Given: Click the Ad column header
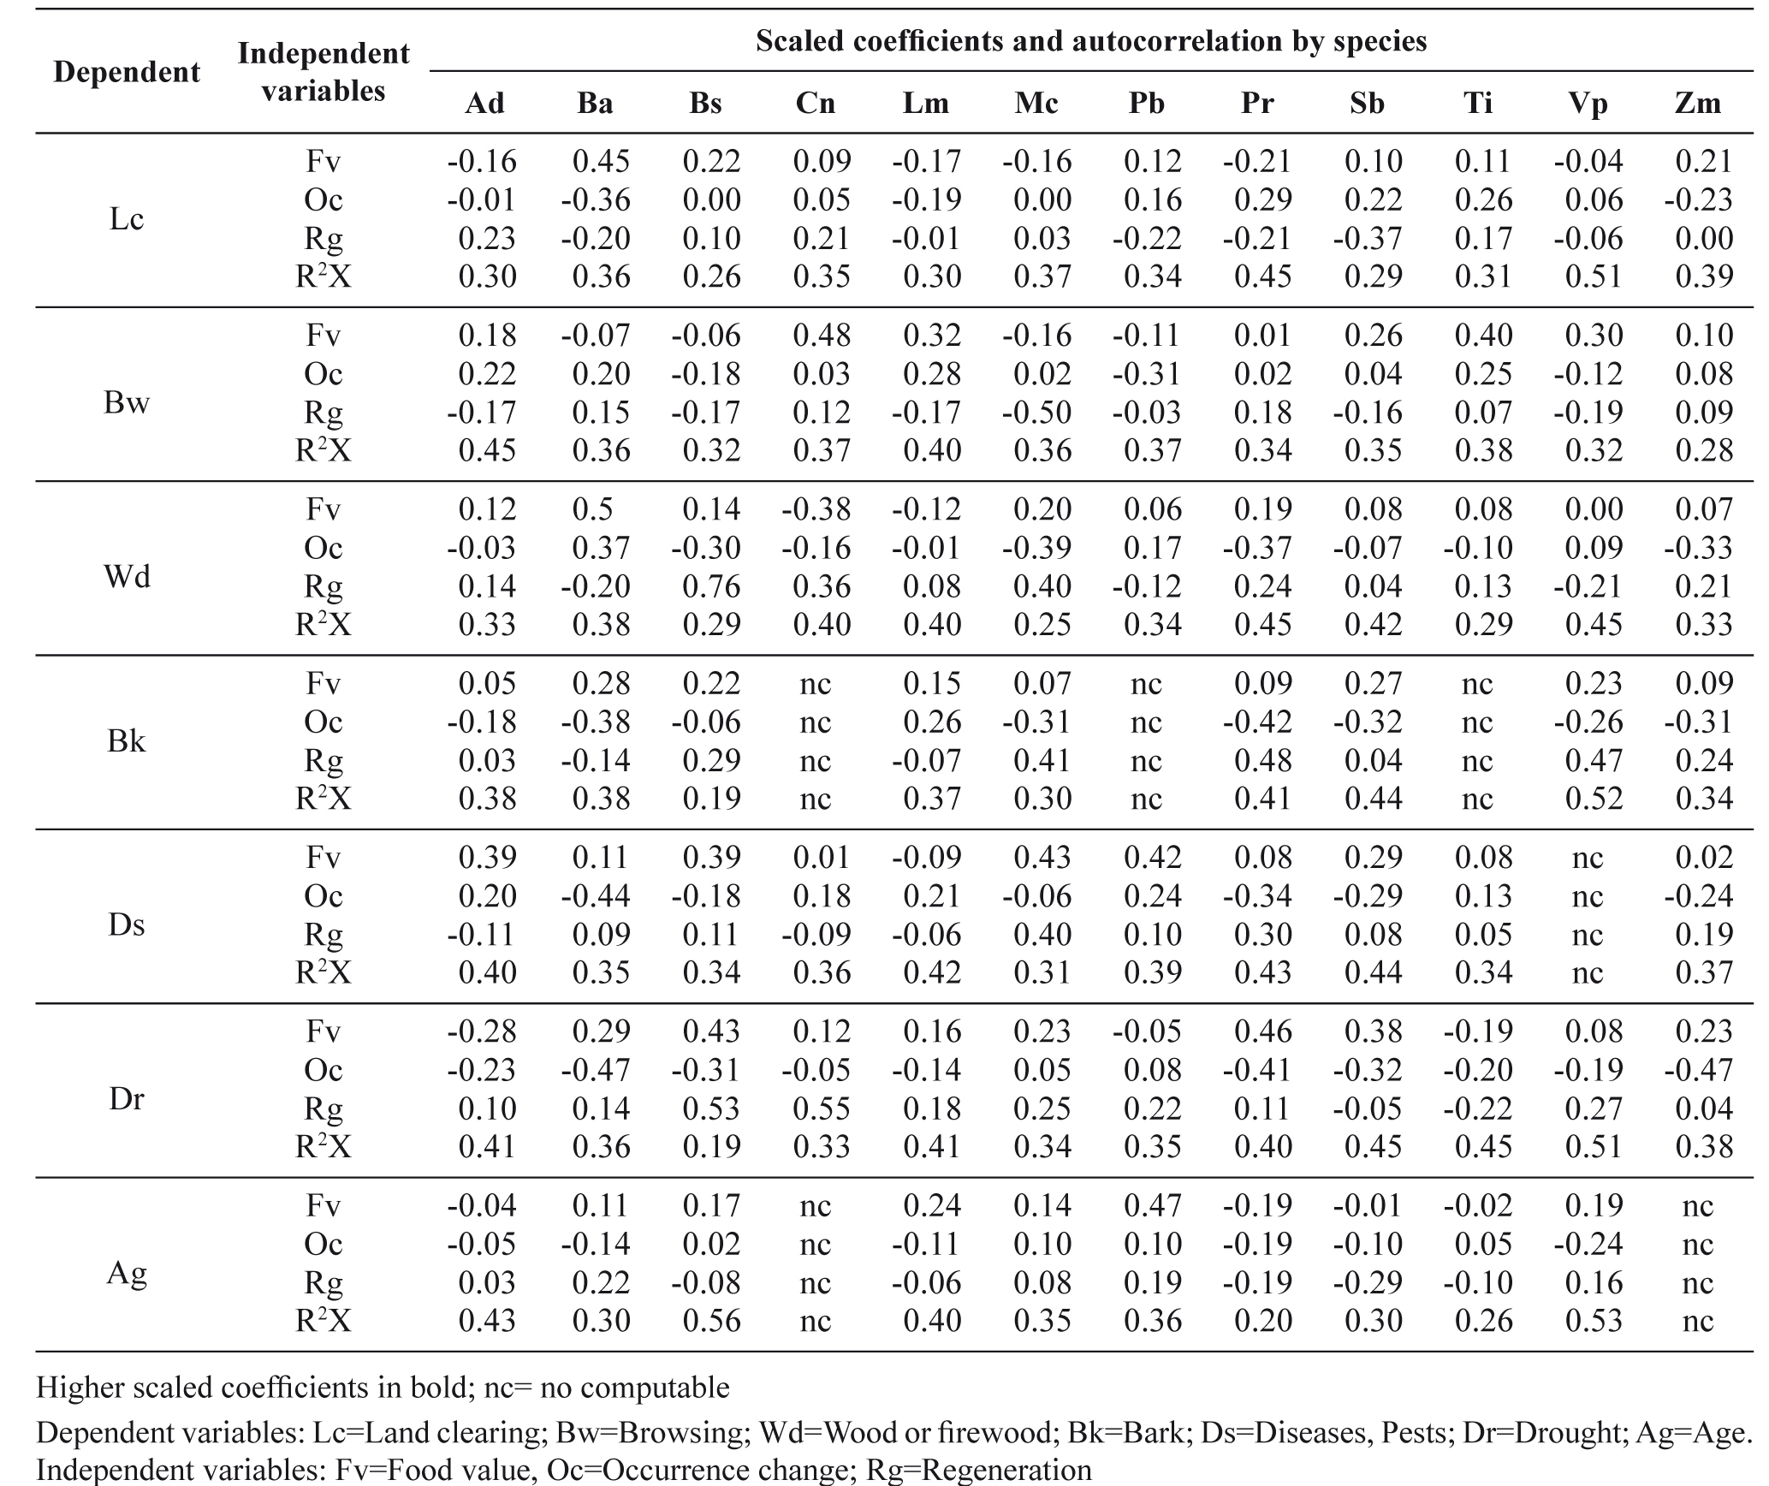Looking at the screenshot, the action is coord(484,104).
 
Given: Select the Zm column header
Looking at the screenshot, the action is coord(1697,104).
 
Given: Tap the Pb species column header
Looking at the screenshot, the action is coord(1147,104).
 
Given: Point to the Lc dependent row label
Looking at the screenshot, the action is coord(127,219).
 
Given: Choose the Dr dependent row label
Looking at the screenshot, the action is coord(127,1098).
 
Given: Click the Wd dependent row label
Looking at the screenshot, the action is coord(127,576).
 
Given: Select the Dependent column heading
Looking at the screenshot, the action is coord(127,72).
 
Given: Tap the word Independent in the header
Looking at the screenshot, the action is coord(324,53).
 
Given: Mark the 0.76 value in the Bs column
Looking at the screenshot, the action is coord(712,586).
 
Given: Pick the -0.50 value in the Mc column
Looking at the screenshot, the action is coord(1037,412).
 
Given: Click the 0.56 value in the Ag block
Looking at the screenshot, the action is coord(712,1320).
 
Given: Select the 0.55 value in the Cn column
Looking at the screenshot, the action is coord(822,1108).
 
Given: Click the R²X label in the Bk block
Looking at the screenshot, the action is coord(324,798).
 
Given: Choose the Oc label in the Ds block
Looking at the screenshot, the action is coord(324,895).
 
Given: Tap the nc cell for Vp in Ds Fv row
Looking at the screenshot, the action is coord(1588,858).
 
